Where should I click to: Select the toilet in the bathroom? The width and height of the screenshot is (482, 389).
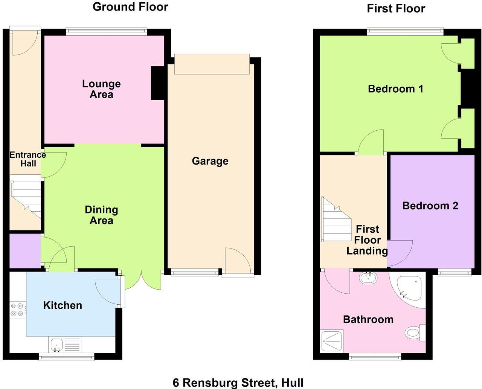tap(413, 332)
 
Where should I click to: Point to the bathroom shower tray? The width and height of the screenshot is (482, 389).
tap(331, 341)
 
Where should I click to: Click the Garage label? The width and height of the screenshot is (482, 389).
tap(210, 161)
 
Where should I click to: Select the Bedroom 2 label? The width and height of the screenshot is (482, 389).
tap(430, 206)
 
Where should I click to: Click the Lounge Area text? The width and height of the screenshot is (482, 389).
tap(101, 89)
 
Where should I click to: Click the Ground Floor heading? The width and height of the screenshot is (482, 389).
tap(130, 7)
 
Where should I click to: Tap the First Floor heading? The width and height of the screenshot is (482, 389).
tap(396, 8)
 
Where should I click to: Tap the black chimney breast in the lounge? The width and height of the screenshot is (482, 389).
tap(158, 83)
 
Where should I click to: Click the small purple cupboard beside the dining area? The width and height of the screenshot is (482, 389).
tap(24, 251)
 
